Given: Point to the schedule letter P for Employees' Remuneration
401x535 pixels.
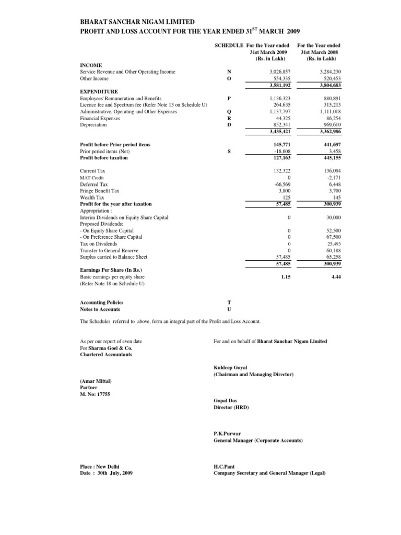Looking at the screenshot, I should click(x=228, y=98).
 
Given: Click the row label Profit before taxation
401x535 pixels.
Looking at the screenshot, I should click(x=103, y=157).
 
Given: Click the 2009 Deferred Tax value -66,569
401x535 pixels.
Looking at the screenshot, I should click(x=281, y=184).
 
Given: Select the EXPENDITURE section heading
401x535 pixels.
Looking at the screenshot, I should click(x=99, y=91).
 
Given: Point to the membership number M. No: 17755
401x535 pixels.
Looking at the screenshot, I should click(x=95, y=394).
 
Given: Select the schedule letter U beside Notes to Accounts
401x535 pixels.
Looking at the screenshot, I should click(x=228, y=309).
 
